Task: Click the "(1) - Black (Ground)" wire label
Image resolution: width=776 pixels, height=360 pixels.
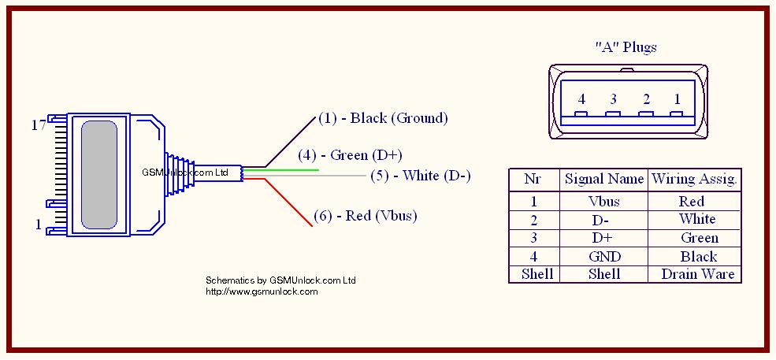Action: pyautogui.click(x=383, y=118)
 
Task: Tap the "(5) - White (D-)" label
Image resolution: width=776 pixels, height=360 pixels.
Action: pyautogui.click(x=420, y=175)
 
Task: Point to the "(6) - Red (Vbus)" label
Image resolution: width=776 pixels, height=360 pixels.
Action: pyautogui.click(x=366, y=216)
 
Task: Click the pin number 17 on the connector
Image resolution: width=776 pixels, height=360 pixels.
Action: pyautogui.click(x=38, y=124)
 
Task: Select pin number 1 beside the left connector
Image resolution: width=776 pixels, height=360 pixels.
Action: pyautogui.click(x=38, y=225)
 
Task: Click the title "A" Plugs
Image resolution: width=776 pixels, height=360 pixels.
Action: pyautogui.click(x=626, y=47)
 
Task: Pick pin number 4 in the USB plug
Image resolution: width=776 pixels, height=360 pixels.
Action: pyautogui.click(x=581, y=99)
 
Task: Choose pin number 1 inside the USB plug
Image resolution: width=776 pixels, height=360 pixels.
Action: pyautogui.click(x=678, y=99)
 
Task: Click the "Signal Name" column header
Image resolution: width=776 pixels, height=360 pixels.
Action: pyautogui.click(x=603, y=179)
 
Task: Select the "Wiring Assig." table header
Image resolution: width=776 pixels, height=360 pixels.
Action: pyautogui.click(x=694, y=179)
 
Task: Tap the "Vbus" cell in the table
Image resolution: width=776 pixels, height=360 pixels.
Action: pyautogui.click(x=603, y=202)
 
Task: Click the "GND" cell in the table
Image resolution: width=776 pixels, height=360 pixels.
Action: pyautogui.click(x=603, y=256)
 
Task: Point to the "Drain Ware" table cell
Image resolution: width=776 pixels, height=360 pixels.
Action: pyautogui.click(x=697, y=274)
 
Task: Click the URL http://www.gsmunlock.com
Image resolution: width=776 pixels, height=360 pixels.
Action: pyautogui.click(x=262, y=291)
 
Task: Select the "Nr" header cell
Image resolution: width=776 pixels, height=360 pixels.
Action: pyautogui.click(x=533, y=179)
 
